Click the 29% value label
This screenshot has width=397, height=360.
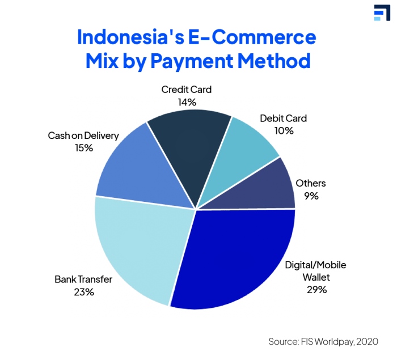click(316, 290)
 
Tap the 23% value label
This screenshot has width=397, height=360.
click(84, 292)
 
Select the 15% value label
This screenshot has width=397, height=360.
click(84, 148)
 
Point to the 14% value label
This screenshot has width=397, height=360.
click(187, 102)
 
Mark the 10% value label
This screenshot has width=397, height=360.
click(284, 131)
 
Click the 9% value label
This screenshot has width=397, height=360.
click(311, 196)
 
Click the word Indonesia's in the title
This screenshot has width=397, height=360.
click(130, 37)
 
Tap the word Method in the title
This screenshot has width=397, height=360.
click(274, 61)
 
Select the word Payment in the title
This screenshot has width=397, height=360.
click(192, 62)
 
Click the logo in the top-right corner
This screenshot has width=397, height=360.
click(382, 12)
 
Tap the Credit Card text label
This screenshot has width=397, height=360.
click(187, 90)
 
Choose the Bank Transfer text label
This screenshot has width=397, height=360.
click(83, 279)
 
